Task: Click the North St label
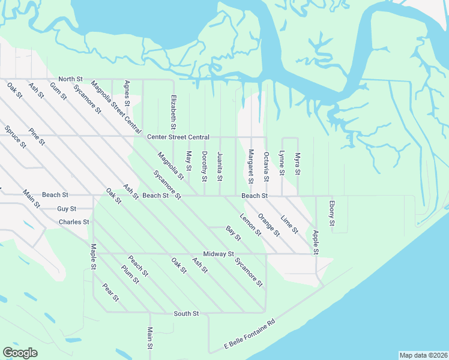pyautogui.click(x=70, y=79)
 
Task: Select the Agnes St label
pyautogui.click(x=127, y=94)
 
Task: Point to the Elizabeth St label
pyautogui.click(x=173, y=112)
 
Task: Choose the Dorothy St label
pyautogui.click(x=204, y=166)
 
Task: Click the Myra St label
pyautogui.click(x=297, y=163)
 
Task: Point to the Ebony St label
pyautogui.click(x=331, y=217)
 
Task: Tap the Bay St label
pyautogui.click(x=233, y=233)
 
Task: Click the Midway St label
pyautogui.click(x=218, y=254)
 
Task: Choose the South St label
pyautogui.click(x=186, y=313)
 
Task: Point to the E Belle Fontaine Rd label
pyautogui.click(x=249, y=334)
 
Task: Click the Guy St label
pyautogui.click(x=67, y=209)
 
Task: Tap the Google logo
pyautogui.click(x=20, y=353)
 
